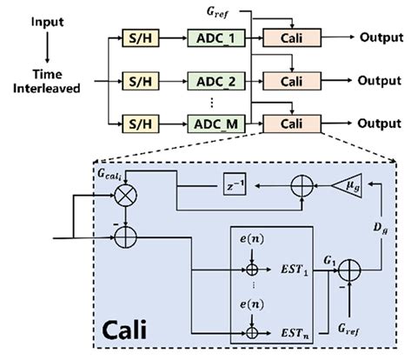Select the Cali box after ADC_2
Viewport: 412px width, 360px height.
pyautogui.click(x=292, y=81)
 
